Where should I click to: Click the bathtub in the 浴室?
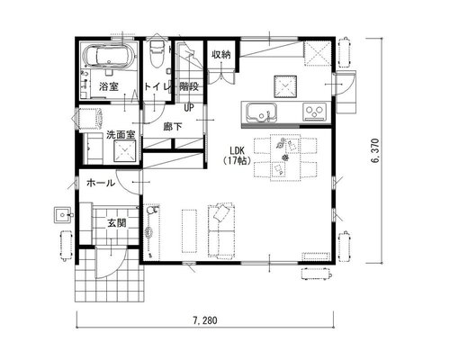110,56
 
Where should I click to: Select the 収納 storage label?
221,54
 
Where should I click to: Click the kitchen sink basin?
262,112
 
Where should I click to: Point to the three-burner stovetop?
314,112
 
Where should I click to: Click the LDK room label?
238,150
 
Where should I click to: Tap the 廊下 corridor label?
173,127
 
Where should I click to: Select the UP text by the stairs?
189,107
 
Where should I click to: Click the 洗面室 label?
121,135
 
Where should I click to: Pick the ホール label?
101,183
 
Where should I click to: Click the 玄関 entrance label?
117,223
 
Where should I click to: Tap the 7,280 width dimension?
205,320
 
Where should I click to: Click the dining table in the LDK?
285,157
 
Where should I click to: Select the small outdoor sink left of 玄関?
63,215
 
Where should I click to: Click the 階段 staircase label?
189,86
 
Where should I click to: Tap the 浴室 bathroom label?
109,86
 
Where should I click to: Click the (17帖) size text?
237,161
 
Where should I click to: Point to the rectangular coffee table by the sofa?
189,231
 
